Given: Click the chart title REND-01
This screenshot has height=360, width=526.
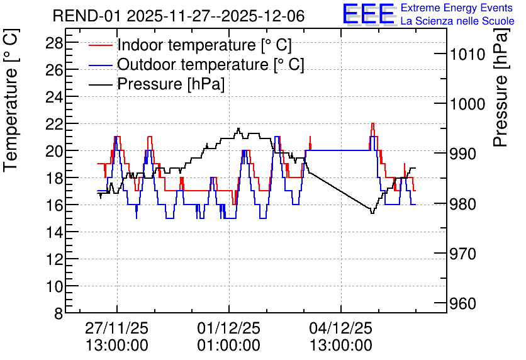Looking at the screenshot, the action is click(86, 16).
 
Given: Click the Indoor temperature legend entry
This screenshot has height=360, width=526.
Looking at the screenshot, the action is click(190, 45).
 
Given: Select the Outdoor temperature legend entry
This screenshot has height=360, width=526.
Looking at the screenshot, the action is click(196, 64).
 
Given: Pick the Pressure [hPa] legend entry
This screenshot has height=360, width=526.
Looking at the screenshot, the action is click(157, 84).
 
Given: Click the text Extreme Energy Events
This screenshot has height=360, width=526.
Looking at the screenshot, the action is click(457, 8).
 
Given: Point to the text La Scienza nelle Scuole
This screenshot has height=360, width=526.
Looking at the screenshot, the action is click(457, 21).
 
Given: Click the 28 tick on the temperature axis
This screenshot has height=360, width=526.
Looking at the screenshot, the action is click(54, 43).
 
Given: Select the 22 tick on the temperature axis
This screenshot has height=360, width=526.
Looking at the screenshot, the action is click(54, 124).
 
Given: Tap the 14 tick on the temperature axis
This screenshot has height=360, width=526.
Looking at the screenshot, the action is click(54, 232).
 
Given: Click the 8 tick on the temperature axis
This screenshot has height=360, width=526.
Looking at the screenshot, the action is click(59, 313).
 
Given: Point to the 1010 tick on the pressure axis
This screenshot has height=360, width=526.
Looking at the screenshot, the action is click(467, 54).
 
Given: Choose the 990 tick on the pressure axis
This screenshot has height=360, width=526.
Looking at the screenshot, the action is click(463, 154).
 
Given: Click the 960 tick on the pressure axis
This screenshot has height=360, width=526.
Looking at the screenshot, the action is click(463, 303).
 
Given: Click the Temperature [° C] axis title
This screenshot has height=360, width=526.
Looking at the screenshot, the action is click(11, 100).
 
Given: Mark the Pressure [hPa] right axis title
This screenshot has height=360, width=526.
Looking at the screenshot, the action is click(501, 87).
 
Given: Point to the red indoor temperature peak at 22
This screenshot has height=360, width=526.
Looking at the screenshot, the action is click(372, 123).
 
